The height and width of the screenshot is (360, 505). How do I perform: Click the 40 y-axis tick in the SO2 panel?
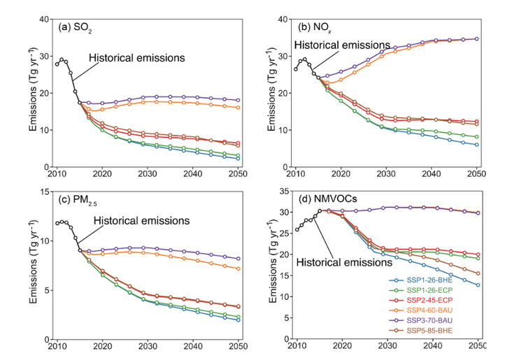[x=43, y=20]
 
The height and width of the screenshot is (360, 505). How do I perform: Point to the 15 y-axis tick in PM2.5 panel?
[x=43, y=192]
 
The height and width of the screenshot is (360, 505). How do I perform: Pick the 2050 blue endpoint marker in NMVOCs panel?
[x=477, y=285]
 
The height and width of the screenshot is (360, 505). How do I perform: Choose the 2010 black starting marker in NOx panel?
[x=296, y=69]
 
